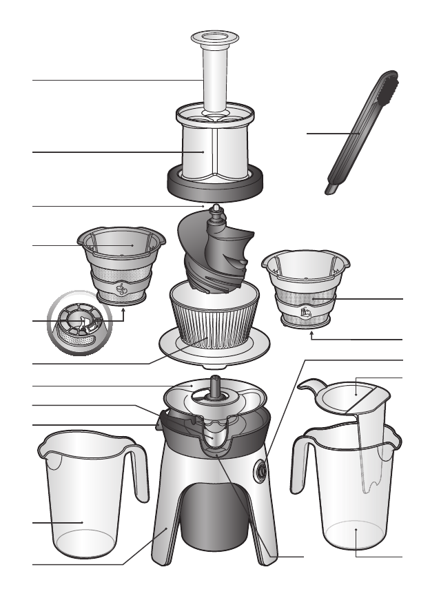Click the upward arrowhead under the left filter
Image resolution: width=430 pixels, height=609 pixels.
[x=123, y=311]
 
